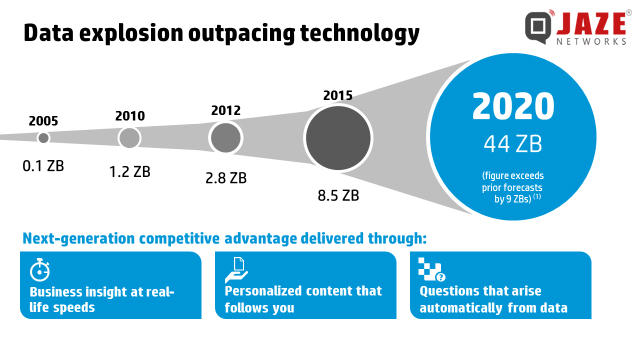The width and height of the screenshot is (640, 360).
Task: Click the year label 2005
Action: [43, 121]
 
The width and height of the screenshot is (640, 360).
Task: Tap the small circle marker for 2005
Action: [43, 138]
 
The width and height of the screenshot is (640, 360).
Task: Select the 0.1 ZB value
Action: [44, 158]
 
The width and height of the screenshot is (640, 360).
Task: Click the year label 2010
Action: [130, 116]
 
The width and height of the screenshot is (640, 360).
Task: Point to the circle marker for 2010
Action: [130, 138]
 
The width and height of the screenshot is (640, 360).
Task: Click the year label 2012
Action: [226, 110]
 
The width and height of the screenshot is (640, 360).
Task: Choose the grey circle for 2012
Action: [225, 137]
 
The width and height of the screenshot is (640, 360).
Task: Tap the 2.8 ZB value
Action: [225, 178]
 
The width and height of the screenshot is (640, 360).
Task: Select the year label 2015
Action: [338, 95]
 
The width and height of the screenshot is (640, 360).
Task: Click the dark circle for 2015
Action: [338, 137]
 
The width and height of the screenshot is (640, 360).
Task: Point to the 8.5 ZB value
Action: [337, 196]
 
